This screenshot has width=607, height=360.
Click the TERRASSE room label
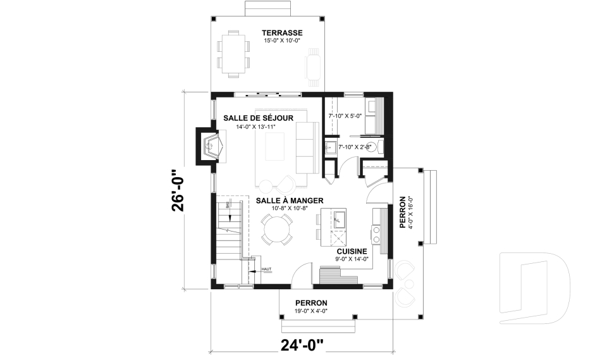click(283, 33)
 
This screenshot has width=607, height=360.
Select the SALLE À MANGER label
click(282, 200)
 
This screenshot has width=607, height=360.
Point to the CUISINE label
click(352, 251)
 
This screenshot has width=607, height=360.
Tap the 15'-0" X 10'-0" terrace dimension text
click(282, 41)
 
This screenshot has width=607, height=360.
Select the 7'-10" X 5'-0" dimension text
click(345, 116)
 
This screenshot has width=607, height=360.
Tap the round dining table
click(277, 229)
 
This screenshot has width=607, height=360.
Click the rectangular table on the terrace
click(233, 54)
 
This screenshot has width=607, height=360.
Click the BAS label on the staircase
click(228, 206)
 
